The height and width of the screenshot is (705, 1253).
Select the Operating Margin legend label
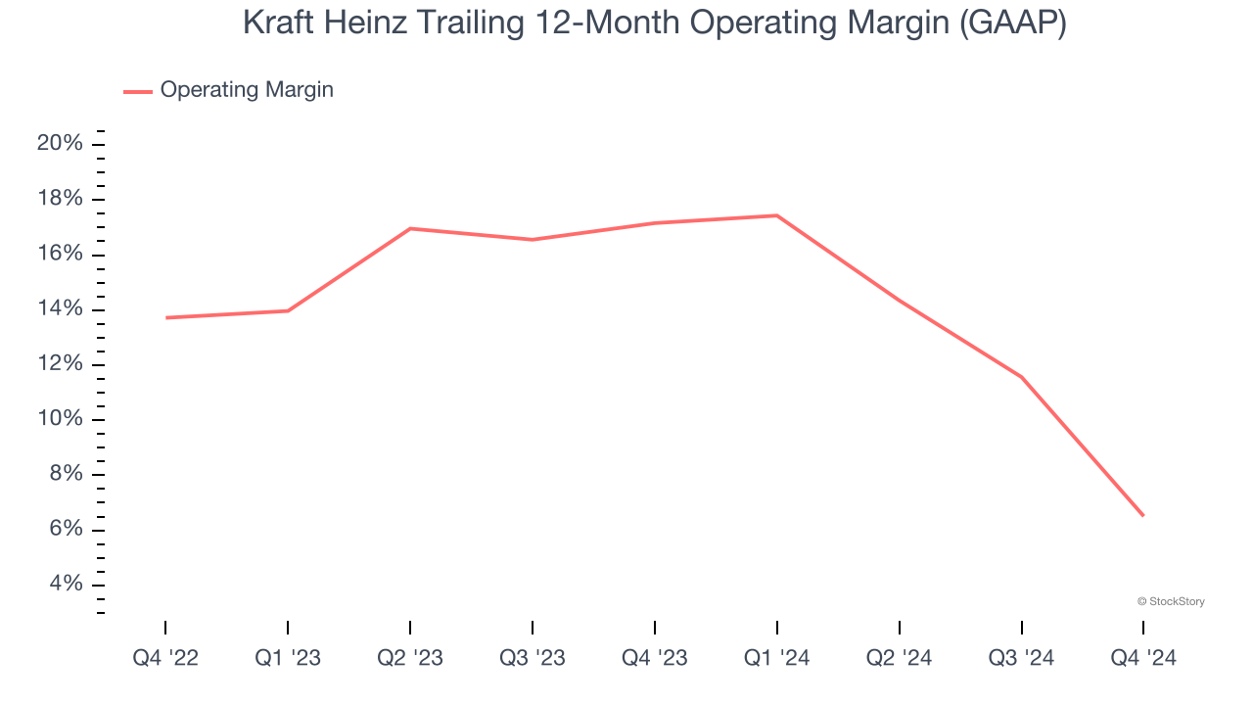pos(247,90)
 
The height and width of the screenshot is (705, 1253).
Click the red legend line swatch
pos(138,91)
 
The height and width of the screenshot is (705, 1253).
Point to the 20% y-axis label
pos(60,144)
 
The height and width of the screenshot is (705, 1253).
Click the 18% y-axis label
pos(60,200)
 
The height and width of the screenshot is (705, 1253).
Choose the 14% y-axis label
pos(60,309)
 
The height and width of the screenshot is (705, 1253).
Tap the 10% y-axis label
pos(60,420)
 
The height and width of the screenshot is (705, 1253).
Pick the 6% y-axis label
pos(65,530)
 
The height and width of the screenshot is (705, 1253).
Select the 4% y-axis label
pos(65,585)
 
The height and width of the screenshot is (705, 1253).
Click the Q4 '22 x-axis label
pos(165,658)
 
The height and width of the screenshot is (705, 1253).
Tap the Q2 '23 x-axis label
pos(410,658)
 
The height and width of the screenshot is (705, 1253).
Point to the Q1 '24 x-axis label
pos(777,658)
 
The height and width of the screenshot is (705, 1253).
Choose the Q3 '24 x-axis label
pos(1022,658)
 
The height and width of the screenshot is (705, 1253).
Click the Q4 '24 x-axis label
pos(1143,658)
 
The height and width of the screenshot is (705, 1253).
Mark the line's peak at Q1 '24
pos(777,215)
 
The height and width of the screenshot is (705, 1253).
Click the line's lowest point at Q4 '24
pos(1143,516)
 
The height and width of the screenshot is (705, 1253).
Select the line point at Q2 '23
pos(410,228)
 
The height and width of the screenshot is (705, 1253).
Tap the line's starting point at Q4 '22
pos(166,317)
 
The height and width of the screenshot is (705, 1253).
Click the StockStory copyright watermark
pos(1171,601)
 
